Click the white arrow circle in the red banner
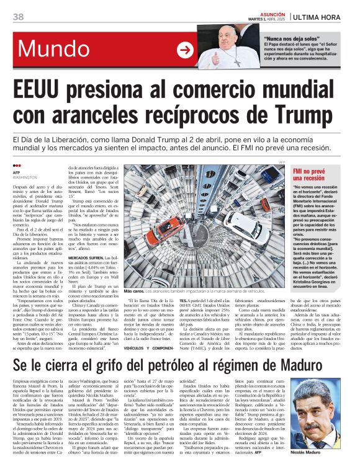[x=184, y=50]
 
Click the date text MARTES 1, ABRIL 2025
[x=267, y=19]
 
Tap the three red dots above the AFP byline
[x=16, y=166]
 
